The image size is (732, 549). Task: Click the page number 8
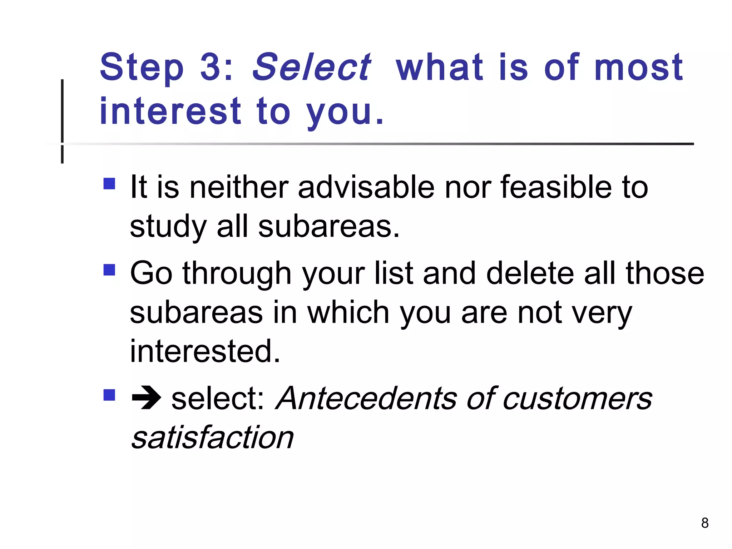coord(705,523)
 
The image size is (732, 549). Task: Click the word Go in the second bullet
coord(151,273)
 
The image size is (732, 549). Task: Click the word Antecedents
coord(366,398)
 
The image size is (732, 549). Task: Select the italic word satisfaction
coord(212,437)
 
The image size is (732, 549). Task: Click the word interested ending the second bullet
coord(205,351)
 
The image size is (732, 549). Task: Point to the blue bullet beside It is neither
coord(109,184)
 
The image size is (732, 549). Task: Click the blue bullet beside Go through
coord(109,270)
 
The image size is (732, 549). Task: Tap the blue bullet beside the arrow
coord(109,395)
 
